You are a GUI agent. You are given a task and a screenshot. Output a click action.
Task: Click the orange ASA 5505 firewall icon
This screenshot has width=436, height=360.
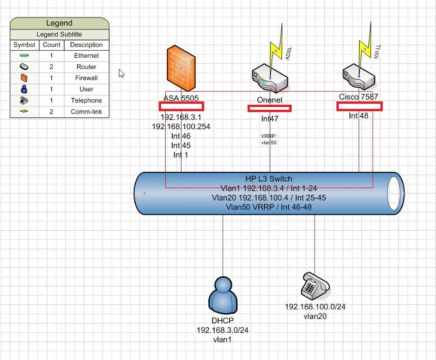coord(180,68)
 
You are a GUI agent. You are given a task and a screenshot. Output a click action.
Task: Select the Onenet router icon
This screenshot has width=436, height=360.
coord(270,79)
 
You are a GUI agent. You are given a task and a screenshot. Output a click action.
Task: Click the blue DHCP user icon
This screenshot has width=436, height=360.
coord(223,295)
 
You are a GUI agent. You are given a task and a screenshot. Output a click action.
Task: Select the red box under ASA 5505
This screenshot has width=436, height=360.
coord(181,106)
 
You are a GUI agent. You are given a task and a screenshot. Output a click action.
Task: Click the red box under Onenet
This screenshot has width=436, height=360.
coord(269,109)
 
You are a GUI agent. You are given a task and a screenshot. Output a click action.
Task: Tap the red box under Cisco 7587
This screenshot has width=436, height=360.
coord(359,106)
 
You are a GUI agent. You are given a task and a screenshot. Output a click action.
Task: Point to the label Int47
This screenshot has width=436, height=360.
coord(270,118)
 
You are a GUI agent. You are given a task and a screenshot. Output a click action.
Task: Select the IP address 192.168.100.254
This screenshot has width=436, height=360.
coord(181,127)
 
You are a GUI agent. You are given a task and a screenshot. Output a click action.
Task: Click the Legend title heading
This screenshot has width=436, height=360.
coord(59,23)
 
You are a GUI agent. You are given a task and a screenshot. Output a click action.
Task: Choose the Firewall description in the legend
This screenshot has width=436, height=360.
coord(86,78)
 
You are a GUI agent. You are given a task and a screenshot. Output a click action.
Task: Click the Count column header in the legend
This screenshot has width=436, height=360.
coord(52,45)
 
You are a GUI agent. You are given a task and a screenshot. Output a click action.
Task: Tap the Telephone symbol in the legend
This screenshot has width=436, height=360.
coord(24,100)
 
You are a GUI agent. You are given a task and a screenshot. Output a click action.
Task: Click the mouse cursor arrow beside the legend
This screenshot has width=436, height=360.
coord(122,73)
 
